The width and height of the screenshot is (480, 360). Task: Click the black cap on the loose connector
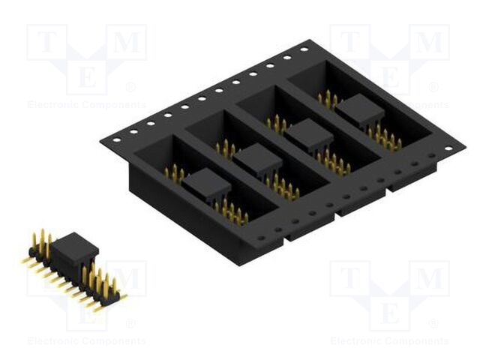(74, 246)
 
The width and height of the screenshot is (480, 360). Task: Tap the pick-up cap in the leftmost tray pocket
(202, 183)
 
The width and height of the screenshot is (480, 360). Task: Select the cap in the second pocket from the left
(257, 159)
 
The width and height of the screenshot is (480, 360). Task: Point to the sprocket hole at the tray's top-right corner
(304, 49)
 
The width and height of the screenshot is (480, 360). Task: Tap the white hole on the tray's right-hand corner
(448, 148)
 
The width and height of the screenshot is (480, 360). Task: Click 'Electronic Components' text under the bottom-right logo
(389, 341)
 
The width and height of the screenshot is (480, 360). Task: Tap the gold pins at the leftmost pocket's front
(231, 212)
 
